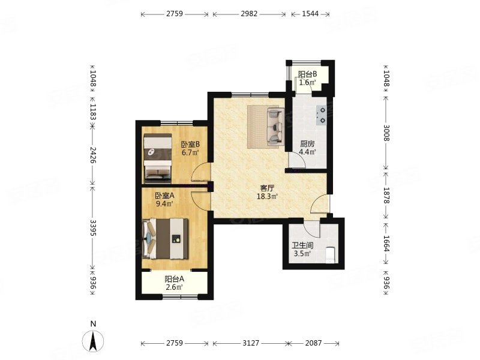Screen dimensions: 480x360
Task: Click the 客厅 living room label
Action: pos(267,188)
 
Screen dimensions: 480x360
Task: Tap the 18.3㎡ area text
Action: pos(267,197)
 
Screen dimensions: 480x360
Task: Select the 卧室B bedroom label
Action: pos(190,144)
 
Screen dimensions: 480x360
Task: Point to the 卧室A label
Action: pos(164,196)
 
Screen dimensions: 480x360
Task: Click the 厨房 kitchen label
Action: pos(307,144)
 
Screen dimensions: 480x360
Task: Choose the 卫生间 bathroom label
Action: pos(302,245)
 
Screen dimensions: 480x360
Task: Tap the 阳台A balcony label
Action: pos(175,279)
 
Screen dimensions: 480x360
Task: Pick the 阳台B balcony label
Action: pos(307,74)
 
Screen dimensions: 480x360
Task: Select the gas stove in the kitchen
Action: pos(322,115)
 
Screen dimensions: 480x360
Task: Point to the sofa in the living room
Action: pos(275,126)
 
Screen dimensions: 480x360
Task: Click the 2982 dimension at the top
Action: pos(249,14)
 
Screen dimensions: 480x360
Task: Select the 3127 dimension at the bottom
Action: pos(251,343)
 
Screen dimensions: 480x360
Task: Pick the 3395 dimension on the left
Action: pos(93,227)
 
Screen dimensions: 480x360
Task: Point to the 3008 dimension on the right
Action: pos(386,133)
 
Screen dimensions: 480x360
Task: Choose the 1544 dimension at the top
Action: pos(310,14)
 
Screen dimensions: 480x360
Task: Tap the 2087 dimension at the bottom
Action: pos(313,343)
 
